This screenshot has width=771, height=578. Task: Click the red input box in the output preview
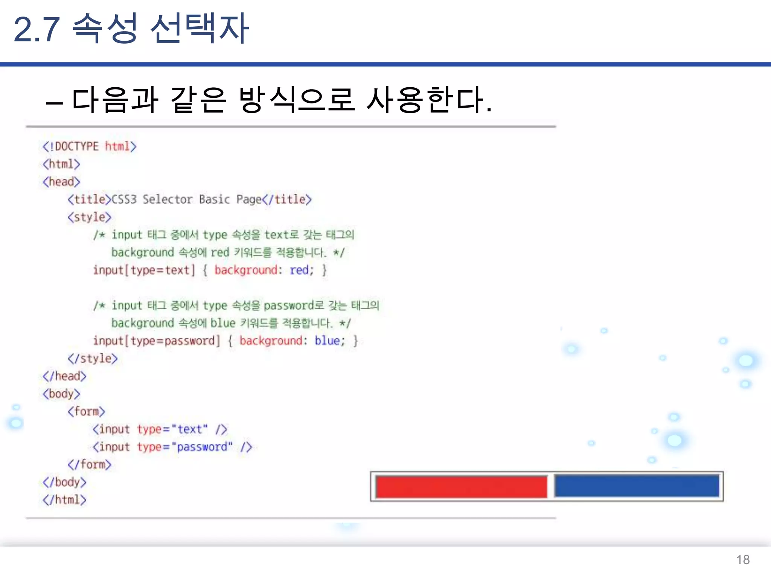click(x=461, y=487)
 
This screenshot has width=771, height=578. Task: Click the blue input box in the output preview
click(x=636, y=486)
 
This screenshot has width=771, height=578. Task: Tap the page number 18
click(x=743, y=560)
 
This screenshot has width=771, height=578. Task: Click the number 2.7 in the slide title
click(x=37, y=29)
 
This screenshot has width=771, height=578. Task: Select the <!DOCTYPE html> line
click(x=90, y=146)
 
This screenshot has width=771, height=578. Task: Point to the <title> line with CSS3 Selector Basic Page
click(x=189, y=199)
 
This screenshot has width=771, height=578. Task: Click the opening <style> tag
click(x=90, y=217)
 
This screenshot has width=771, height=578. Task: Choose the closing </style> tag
click(x=93, y=358)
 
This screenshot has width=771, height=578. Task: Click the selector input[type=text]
click(x=144, y=270)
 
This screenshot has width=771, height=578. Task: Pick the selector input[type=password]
click(x=157, y=341)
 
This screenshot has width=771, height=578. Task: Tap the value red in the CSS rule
click(x=299, y=270)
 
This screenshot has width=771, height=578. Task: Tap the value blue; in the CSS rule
click(x=330, y=341)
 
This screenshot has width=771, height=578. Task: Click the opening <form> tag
click(x=86, y=411)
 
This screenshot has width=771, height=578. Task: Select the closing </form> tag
click(x=90, y=464)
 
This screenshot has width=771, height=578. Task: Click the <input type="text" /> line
click(x=160, y=429)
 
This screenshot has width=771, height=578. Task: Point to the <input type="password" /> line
click(x=172, y=447)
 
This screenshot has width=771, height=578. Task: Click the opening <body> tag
click(x=61, y=394)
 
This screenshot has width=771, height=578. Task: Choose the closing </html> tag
click(x=64, y=500)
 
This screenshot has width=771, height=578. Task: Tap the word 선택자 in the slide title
click(x=200, y=29)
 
